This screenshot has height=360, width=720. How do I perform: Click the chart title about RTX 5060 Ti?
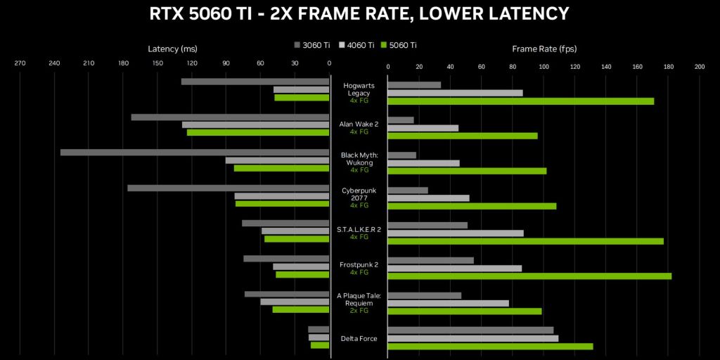pyautogui.click(x=360, y=13)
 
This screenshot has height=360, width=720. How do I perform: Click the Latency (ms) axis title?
pyautogui.click(x=172, y=49)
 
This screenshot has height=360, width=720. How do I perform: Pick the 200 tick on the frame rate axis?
pyautogui.click(x=699, y=67)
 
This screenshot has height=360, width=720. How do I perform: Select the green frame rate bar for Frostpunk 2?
pyautogui.click(x=529, y=276)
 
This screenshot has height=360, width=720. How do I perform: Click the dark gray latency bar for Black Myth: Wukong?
pyautogui.click(x=195, y=153)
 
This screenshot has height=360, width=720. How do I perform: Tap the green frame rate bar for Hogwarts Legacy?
pyautogui.click(x=520, y=101)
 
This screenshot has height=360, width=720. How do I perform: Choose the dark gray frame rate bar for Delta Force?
pyautogui.click(x=470, y=330)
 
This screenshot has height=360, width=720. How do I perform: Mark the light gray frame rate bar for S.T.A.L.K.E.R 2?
pyautogui.click(x=456, y=233)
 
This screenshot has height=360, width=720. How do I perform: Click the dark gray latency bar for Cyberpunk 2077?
pyautogui.click(x=228, y=188)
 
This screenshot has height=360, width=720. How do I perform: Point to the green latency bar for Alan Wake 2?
pyautogui.click(x=258, y=132)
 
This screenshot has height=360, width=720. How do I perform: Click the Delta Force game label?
pyautogui.click(x=359, y=339)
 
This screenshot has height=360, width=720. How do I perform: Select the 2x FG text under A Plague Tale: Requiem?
pyautogui.click(x=359, y=310)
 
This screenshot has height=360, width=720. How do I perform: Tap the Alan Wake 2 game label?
pyautogui.click(x=359, y=124)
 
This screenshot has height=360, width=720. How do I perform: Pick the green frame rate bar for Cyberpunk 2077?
pyautogui.click(x=472, y=206)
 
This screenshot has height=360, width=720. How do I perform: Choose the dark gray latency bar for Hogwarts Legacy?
pyautogui.click(x=255, y=82)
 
